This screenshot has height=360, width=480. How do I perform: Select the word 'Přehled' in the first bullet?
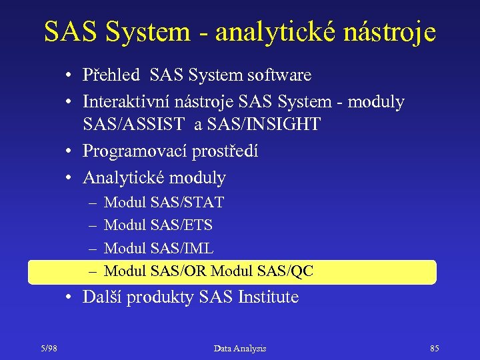tap(111, 75)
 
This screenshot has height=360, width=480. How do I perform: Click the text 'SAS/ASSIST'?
tap(133, 125)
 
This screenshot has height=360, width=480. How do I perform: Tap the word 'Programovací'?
tap(135, 151)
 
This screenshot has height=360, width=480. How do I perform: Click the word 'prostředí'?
tap(226, 151)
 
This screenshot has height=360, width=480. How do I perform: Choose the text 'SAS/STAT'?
tap(187, 202)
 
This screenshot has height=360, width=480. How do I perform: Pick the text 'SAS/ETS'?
tap(182, 225)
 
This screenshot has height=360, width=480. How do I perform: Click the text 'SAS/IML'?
tap(182, 249)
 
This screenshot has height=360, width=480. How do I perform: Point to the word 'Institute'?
tap(268, 297)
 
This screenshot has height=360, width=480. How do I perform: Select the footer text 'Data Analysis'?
tap(240, 348)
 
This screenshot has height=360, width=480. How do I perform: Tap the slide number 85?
tap(434, 348)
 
